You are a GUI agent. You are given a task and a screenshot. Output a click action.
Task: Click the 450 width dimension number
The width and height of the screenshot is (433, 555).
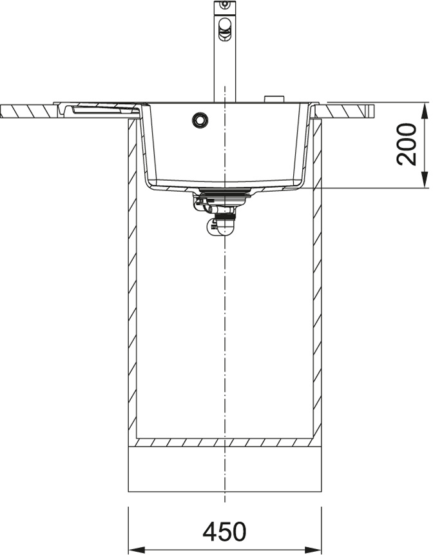[224, 531]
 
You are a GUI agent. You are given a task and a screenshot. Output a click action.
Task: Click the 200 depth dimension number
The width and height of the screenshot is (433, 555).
[407, 144]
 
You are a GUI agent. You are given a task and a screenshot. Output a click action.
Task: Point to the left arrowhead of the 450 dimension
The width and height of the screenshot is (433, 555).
[136, 550]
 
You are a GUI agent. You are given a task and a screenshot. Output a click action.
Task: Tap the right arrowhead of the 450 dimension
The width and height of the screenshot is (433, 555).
[314, 550]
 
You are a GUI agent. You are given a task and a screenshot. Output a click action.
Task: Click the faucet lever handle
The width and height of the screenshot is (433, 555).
[224, 29]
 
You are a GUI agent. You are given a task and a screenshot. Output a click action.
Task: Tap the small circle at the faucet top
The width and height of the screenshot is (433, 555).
[224, 5]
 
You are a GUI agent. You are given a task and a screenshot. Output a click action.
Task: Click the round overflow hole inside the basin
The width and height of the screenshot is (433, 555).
[200, 119]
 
